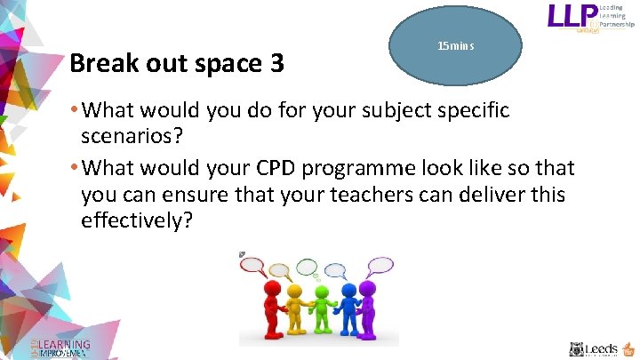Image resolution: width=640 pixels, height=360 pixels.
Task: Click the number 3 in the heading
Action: point(276,64)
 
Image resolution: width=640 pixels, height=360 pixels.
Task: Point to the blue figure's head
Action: point(349,289)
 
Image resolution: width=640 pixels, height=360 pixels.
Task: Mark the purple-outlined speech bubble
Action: point(381,264)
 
